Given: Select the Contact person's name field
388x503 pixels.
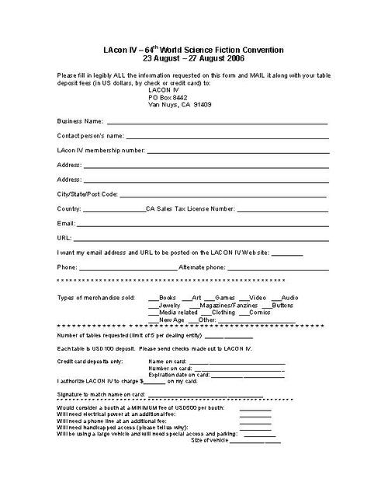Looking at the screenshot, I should [228, 138].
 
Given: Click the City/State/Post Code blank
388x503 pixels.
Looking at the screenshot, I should [223, 195].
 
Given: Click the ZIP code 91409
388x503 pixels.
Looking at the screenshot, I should [200, 104].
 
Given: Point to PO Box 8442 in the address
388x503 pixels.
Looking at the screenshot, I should [168, 97].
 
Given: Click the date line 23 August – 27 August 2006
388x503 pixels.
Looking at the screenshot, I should [193, 58].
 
